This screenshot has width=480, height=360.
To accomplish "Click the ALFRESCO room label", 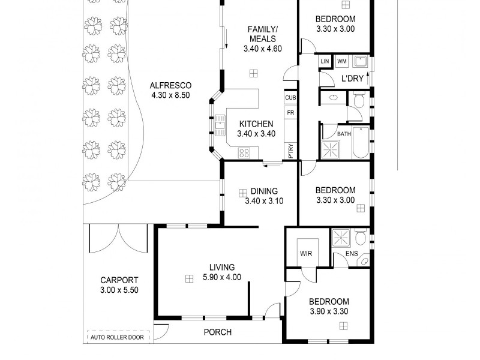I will point(170,85).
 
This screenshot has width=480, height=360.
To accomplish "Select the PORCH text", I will point(217,332).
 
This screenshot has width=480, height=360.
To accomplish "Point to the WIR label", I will point(305,254).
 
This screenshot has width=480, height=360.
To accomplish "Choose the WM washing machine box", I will point(341,61).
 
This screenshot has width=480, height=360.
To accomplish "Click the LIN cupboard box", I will point(325,61).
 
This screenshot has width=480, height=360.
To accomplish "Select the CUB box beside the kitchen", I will point(290,98).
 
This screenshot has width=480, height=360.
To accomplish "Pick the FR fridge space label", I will point(290,113).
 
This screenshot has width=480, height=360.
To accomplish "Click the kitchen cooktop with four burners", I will point(244,152).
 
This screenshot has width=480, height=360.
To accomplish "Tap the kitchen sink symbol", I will point(220,124).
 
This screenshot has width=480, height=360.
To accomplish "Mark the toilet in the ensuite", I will point(361,238).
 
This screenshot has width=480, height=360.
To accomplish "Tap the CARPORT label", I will point(119,280).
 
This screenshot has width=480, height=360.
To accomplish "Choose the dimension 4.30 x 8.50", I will point(170,95).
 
